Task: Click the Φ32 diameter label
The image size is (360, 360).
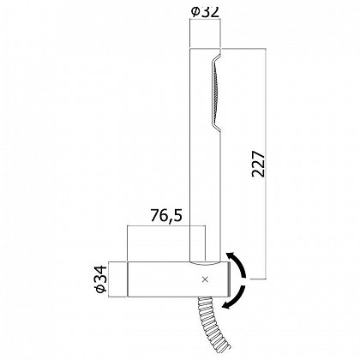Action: (205, 12)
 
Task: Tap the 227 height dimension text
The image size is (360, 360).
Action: (259, 164)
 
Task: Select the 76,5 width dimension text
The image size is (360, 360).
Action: (166, 216)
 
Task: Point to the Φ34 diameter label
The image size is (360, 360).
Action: (101, 279)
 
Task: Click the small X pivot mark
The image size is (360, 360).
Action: (205, 279)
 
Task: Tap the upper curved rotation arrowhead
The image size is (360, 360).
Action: (230, 256)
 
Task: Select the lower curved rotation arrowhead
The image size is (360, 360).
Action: (227, 304)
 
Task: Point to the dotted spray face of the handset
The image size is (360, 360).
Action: (217, 93)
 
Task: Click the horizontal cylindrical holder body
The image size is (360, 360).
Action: (178, 279)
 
